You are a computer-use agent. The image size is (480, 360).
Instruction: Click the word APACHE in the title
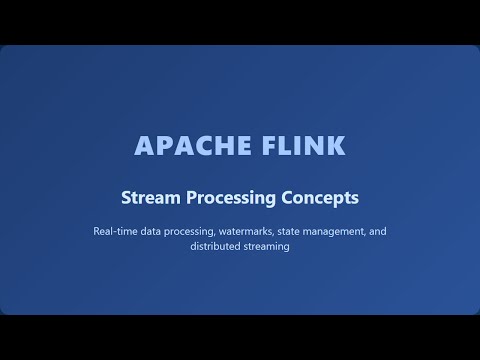[184, 145]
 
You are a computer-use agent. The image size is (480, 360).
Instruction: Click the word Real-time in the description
[116, 231]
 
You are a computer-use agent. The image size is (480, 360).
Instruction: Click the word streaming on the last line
[266, 248]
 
